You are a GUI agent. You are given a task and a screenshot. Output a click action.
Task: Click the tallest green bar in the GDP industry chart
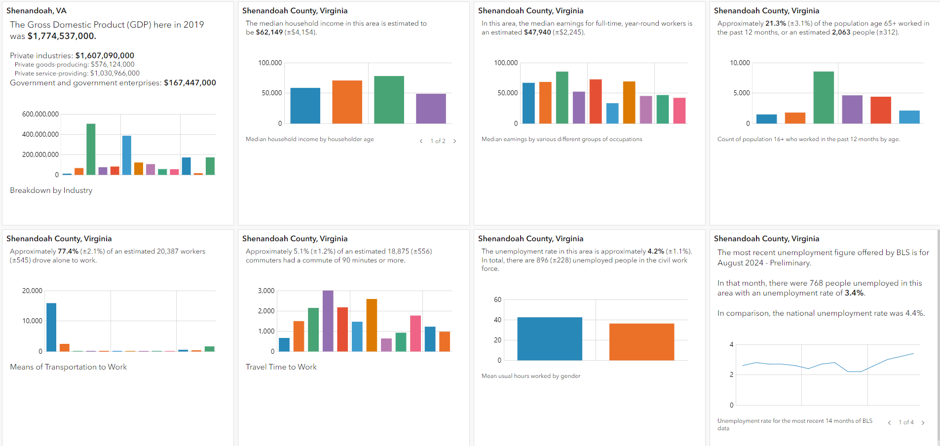(91, 149)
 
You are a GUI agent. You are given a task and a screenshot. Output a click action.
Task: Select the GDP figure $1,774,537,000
(62, 36)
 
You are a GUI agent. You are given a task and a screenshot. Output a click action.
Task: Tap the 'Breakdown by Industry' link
(51, 190)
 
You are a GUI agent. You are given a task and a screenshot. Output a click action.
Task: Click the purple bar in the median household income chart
(431, 109)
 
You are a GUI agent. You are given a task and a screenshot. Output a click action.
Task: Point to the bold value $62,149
(269, 32)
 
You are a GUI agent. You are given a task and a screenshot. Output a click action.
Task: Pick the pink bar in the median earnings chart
(679, 111)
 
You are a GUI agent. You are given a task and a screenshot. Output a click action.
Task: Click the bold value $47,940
(537, 32)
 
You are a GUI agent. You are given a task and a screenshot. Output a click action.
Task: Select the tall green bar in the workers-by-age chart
(824, 97)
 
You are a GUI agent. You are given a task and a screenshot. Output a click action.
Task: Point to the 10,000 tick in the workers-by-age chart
(740, 63)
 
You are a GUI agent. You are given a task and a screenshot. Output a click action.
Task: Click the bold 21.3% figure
(776, 23)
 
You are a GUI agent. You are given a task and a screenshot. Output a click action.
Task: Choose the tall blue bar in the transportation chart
(51, 327)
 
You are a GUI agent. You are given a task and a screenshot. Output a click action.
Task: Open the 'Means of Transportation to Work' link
(68, 367)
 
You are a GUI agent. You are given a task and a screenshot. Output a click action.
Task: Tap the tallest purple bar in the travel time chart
(328, 321)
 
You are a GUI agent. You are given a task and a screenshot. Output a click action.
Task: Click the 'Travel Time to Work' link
(281, 367)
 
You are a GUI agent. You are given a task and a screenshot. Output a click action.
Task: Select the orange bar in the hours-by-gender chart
(641, 342)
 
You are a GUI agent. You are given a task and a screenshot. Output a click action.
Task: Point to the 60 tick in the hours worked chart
(497, 299)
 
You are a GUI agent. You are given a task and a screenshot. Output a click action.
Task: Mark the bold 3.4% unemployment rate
(854, 293)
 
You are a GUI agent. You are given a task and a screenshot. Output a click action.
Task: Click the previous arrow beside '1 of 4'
(889, 422)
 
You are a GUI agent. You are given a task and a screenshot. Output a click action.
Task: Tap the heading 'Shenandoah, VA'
(37, 11)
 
